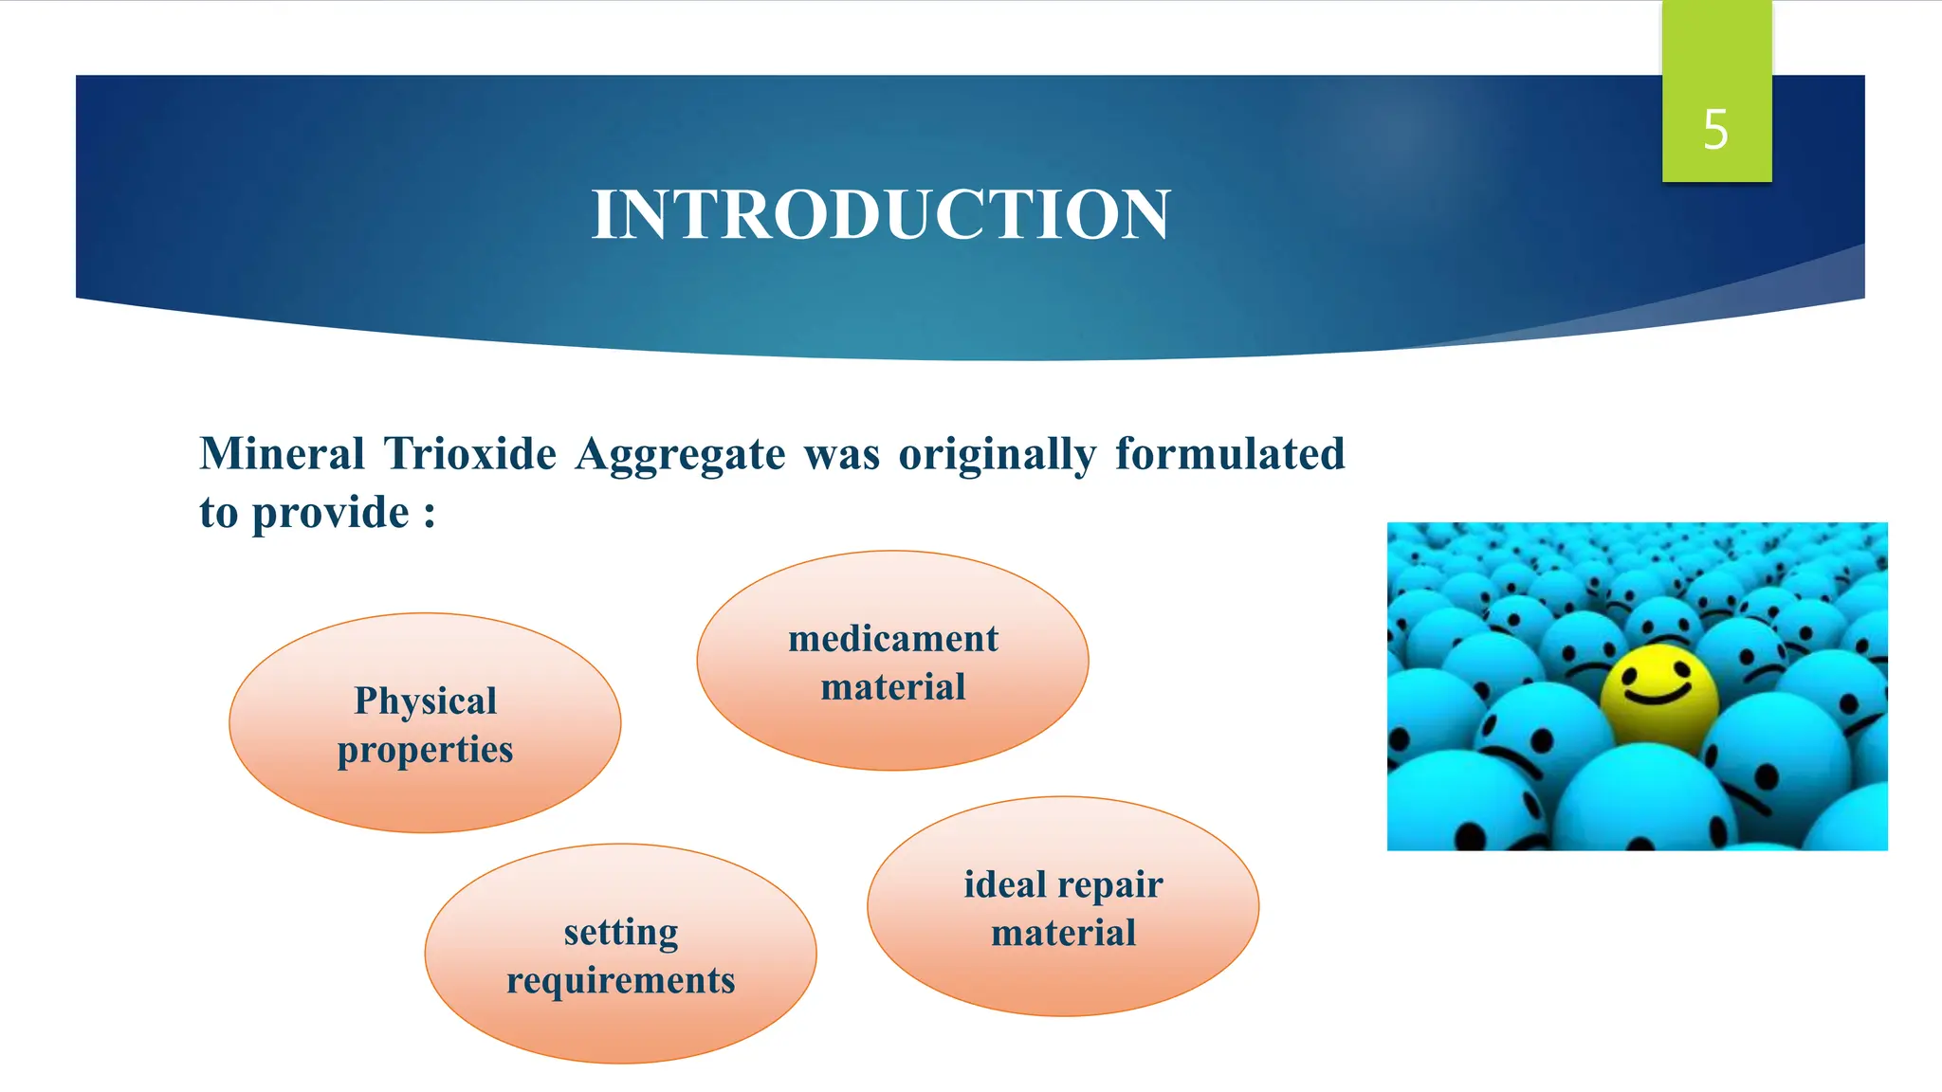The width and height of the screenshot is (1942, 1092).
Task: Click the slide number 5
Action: click(1714, 130)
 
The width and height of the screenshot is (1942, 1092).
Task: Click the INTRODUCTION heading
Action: click(881, 214)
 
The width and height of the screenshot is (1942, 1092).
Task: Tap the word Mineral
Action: click(282, 454)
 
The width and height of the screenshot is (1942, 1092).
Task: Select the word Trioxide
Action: click(470, 454)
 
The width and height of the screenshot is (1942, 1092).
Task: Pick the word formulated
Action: click(1230, 454)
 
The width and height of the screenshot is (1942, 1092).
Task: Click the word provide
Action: click(330, 514)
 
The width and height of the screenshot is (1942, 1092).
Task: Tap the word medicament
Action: click(892, 640)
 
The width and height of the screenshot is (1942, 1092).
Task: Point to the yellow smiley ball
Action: click(1658, 698)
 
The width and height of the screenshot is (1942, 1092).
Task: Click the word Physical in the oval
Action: click(425, 701)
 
